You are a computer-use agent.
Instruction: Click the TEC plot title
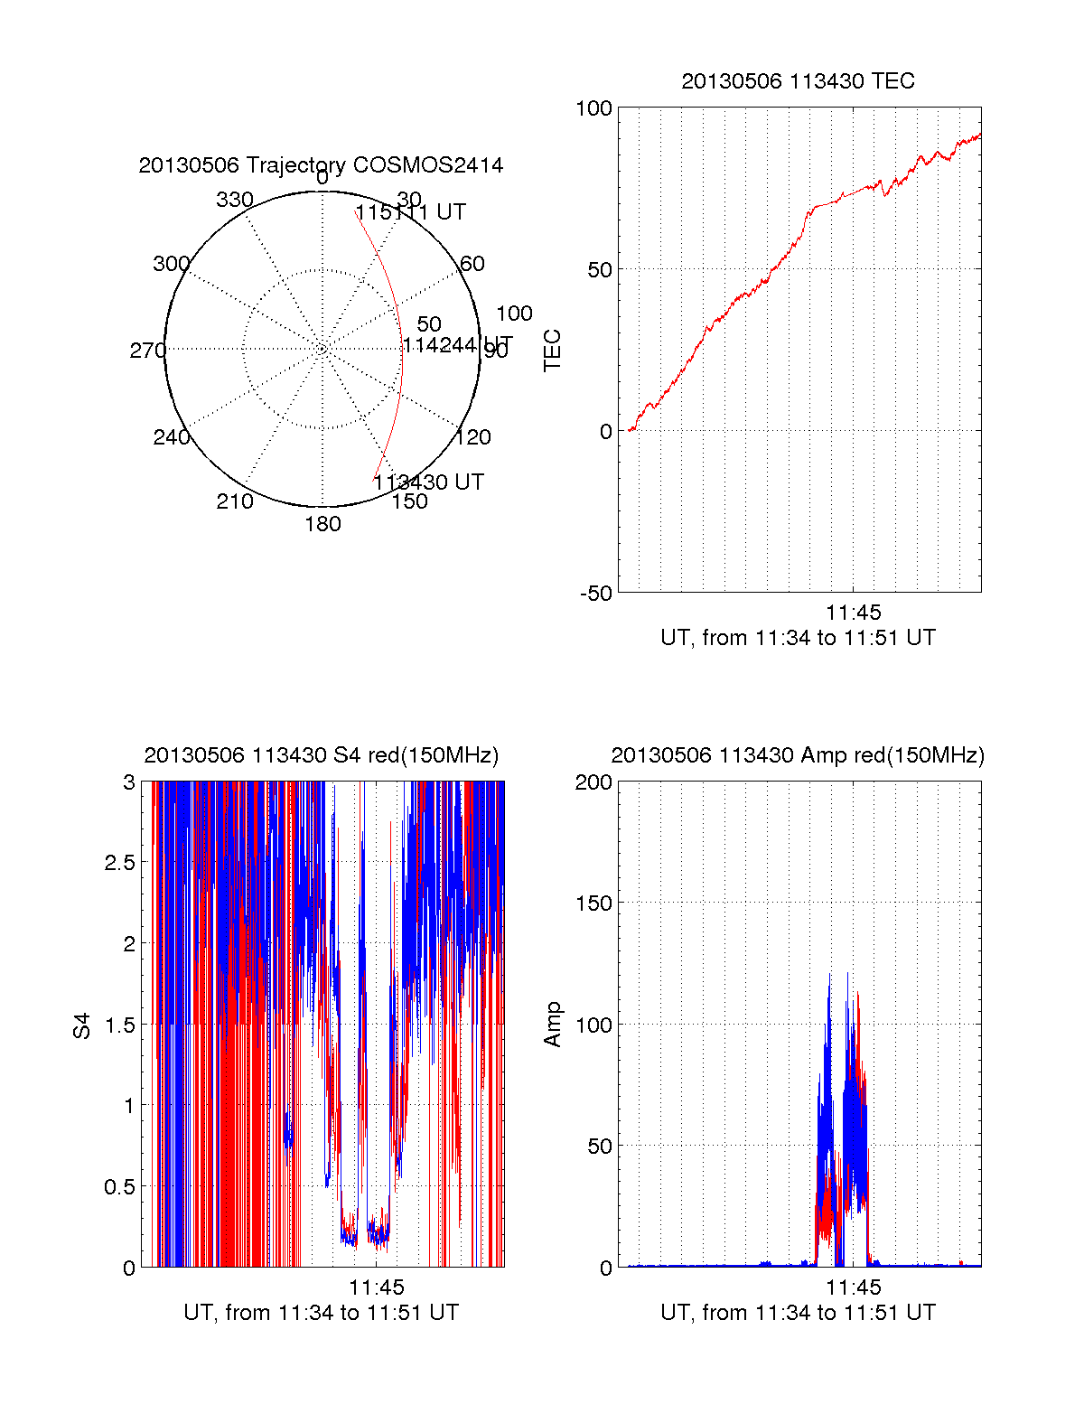tap(798, 81)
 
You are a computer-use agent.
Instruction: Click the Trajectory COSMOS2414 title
tap(321, 165)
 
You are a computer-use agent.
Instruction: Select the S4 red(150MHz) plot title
tap(321, 755)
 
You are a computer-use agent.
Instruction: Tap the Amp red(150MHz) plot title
tap(798, 755)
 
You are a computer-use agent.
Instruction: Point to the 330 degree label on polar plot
tap(235, 200)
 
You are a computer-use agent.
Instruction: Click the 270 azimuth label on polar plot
tap(147, 351)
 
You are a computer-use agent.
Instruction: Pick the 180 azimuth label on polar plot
tap(322, 524)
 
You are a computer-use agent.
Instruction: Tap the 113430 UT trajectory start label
tap(428, 482)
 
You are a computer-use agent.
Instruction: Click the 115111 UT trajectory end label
tap(410, 212)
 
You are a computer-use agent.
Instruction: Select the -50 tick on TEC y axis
tap(596, 594)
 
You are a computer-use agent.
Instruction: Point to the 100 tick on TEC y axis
tap(593, 108)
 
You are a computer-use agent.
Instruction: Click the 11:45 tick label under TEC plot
tap(853, 613)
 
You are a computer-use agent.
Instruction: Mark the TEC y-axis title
tap(552, 351)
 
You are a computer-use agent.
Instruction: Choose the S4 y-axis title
tap(82, 1025)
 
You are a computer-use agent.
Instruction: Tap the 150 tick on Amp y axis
tap(593, 903)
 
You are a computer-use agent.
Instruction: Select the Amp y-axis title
tap(552, 1025)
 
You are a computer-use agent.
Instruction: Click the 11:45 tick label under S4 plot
tap(377, 1287)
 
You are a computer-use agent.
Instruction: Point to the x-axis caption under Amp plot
tap(798, 1313)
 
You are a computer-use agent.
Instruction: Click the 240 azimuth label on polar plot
tap(172, 437)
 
